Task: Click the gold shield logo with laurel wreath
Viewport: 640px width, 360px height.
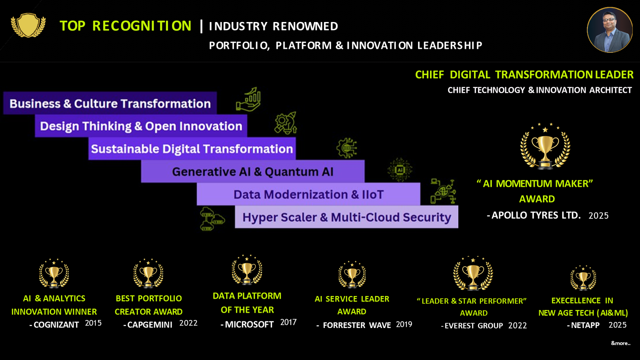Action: [28, 26]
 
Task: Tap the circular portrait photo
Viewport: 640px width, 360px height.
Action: [610, 30]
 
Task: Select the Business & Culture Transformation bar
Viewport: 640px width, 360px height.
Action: [110, 103]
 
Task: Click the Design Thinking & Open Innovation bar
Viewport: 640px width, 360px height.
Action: [141, 126]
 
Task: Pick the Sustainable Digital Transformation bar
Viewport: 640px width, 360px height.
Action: [192, 148]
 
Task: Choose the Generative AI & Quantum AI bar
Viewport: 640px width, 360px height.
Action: [252, 172]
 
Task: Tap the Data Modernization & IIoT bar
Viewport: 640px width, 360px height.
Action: [308, 194]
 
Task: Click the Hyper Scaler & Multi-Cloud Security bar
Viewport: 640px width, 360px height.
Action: [346, 217]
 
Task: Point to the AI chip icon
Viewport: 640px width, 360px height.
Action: [400, 170]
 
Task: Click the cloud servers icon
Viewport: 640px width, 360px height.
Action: [212, 219]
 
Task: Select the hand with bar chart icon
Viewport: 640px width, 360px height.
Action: [248, 99]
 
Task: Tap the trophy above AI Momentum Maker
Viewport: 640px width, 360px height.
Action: [545, 146]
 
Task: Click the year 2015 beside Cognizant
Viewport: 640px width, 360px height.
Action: [93, 323]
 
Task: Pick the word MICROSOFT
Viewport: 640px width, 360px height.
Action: [249, 324]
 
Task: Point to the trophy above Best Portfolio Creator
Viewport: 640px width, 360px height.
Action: [148, 273]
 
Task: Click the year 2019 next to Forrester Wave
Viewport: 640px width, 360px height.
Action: [404, 324]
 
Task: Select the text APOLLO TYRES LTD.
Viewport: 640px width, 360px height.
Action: [536, 215]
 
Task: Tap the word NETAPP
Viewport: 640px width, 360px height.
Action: [585, 325]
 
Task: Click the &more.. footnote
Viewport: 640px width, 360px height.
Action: [620, 343]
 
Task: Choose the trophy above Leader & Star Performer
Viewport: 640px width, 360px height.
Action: [473, 274]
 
